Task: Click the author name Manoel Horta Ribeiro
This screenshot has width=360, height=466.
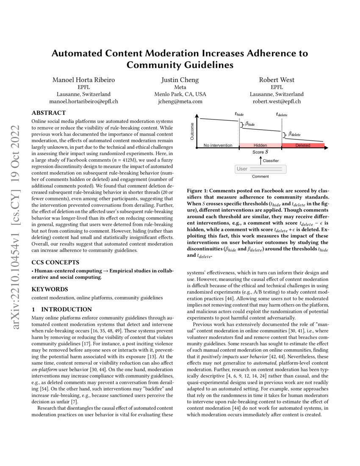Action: (x=83, y=80)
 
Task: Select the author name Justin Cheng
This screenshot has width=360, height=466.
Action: (x=180, y=80)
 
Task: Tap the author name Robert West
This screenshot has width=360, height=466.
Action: (x=277, y=80)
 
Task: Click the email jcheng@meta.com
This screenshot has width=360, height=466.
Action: (x=180, y=101)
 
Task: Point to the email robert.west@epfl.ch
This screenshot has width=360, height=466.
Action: (x=277, y=101)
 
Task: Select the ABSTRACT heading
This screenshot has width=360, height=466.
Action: (x=49, y=113)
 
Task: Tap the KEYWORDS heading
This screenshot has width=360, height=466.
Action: (x=50, y=289)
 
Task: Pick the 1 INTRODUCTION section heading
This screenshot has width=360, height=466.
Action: (x=62, y=309)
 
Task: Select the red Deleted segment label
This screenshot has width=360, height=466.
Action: (x=302, y=145)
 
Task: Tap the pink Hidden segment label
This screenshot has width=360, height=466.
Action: (x=260, y=145)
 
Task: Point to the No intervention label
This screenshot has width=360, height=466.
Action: (x=218, y=145)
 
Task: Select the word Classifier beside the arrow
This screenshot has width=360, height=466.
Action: (x=271, y=161)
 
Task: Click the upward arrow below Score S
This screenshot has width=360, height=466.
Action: (x=260, y=160)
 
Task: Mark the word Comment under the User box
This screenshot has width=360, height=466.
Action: (x=260, y=177)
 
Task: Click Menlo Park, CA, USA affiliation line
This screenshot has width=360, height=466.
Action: (x=180, y=94)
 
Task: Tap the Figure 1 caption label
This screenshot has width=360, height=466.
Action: (x=199, y=191)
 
